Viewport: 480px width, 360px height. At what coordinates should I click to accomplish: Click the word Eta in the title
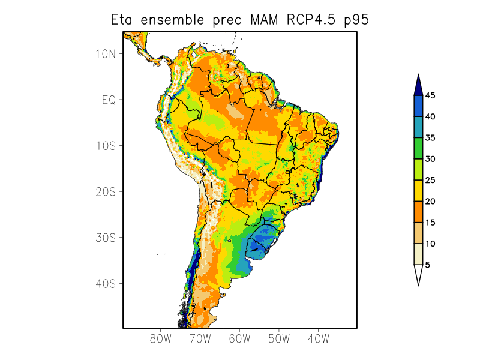(123, 20)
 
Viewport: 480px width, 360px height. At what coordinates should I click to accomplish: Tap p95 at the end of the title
(356, 21)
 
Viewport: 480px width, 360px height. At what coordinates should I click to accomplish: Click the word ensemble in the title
(172, 20)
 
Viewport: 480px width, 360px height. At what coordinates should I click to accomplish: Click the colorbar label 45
(430, 95)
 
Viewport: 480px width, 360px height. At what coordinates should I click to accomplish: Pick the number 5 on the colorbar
(428, 265)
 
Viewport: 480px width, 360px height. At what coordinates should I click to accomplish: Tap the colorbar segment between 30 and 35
(418, 148)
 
